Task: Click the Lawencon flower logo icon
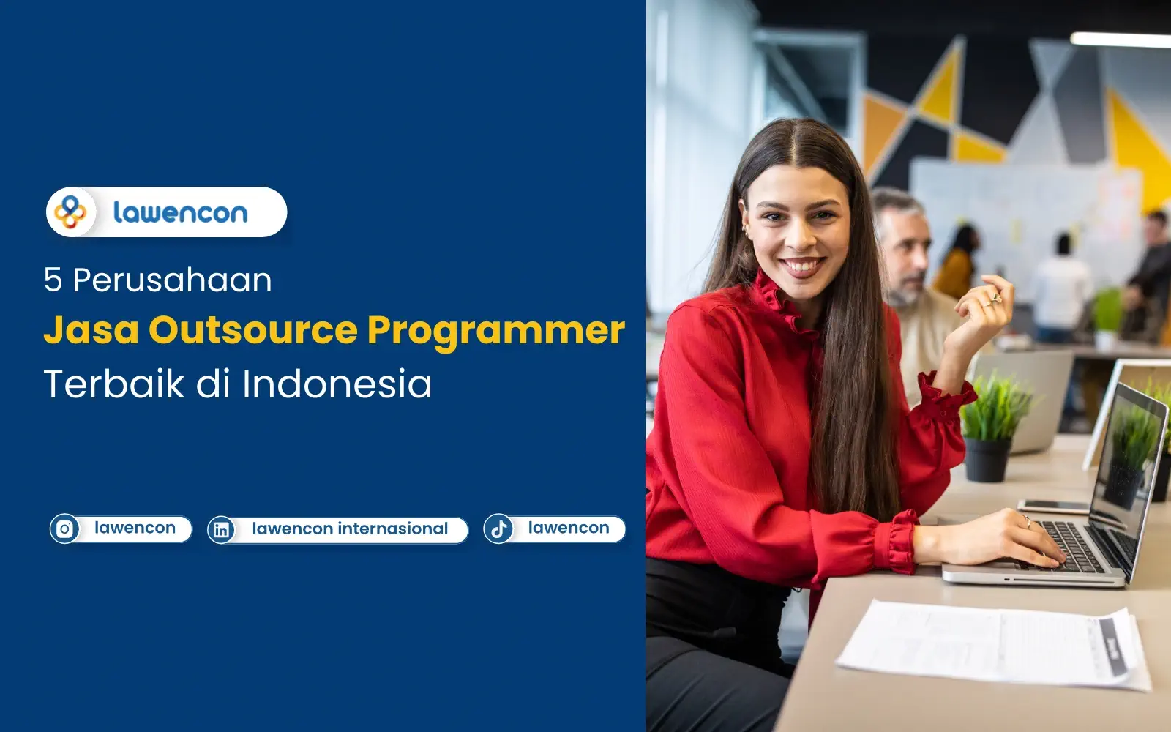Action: click(x=70, y=212)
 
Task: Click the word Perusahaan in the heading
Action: click(x=172, y=280)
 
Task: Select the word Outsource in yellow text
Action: click(x=252, y=330)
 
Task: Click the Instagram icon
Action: click(x=64, y=529)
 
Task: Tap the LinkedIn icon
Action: click(x=221, y=530)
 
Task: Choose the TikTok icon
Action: click(x=498, y=529)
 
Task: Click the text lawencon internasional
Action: click(x=350, y=529)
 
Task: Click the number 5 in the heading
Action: click(x=53, y=280)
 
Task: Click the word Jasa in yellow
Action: click(x=91, y=330)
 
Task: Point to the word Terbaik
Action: click(x=113, y=384)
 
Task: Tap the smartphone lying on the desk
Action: click(x=1054, y=506)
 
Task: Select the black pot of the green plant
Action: click(x=986, y=460)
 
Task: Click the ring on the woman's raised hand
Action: click(x=995, y=298)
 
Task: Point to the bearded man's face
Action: click(x=906, y=253)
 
